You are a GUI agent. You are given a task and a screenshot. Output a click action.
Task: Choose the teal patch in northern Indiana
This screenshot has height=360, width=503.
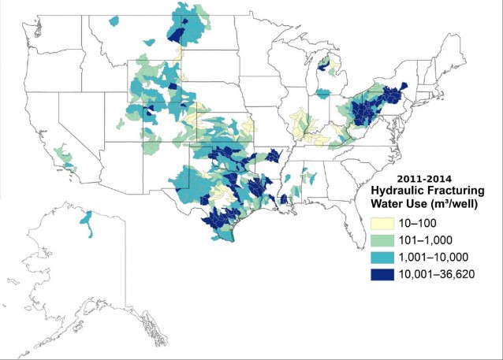[322, 93]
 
